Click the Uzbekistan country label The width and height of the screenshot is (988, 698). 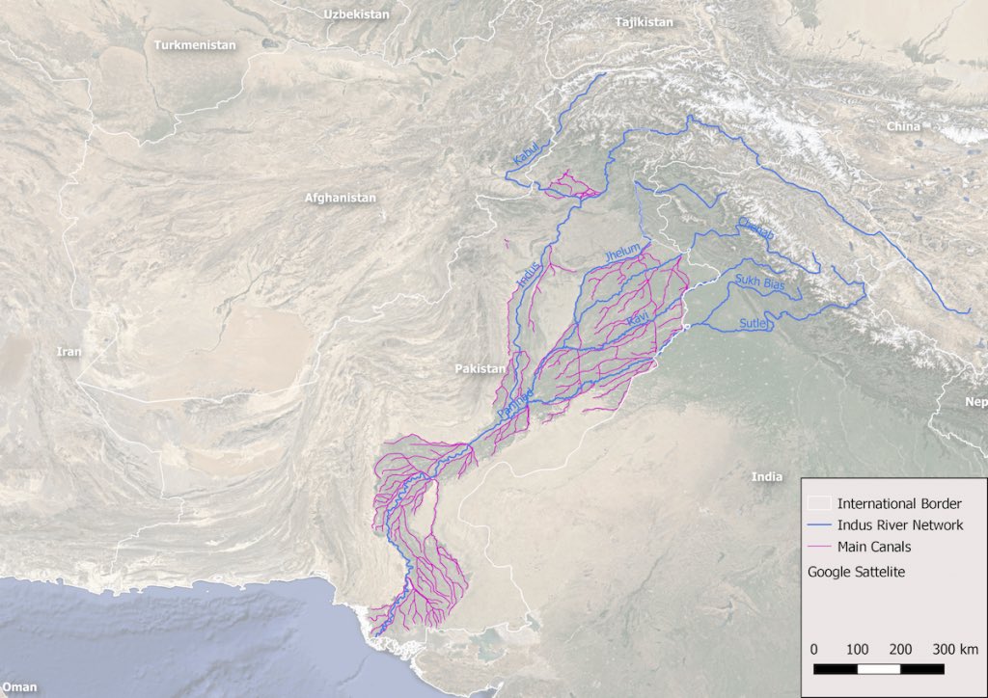pyautogui.click(x=357, y=14)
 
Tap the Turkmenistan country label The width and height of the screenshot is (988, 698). pyautogui.click(x=195, y=45)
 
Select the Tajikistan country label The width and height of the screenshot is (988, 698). pyautogui.click(x=644, y=22)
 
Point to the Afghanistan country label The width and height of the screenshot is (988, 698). pyautogui.click(x=340, y=198)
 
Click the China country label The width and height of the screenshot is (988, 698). pyautogui.click(x=904, y=126)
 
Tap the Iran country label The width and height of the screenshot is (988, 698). pyautogui.click(x=69, y=352)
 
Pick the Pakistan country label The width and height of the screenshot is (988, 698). pyautogui.click(x=480, y=369)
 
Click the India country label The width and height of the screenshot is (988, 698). pyautogui.click(x=767, y=476)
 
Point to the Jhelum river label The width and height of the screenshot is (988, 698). pyautogui.click(x=621, y=252)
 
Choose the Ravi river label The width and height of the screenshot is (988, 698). pyautogui.click(x=637, y=317)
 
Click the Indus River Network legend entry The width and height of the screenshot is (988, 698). pyautogui.click(x=899, y=525)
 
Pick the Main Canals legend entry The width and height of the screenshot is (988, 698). pyautogui.click(x=873, y=547)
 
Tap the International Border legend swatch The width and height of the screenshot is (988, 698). pyautogui.click(x=820, y=503)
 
